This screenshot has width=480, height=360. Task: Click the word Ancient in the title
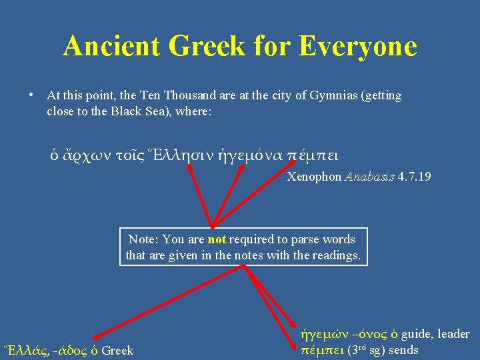tap(111, 46)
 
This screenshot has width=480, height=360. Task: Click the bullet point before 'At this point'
tap(31, 95)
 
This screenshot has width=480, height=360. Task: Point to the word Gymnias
tap(333, 95)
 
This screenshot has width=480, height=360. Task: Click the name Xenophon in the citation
tap(314, 177)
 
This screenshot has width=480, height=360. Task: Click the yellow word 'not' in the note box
tap(217, 239)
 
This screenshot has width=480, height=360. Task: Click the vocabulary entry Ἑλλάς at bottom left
tap(23, 350)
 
